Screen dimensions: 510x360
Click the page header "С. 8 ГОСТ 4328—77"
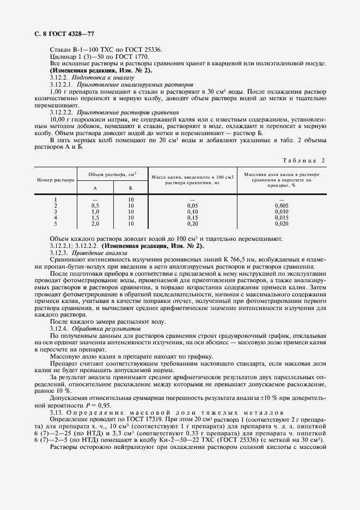(60, 34)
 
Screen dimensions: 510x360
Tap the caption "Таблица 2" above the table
(304, 160)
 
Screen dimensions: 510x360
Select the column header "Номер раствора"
(56, 180)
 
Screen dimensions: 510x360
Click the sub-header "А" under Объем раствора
(95, 187)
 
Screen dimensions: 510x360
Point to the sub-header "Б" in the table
(130, 187)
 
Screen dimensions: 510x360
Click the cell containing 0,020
(281, 223)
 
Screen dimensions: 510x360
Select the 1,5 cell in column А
(95, 217)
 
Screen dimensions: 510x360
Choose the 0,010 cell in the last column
(281, 211)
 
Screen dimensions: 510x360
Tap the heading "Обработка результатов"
(100, 330)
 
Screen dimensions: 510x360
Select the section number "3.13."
(56, 414)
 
